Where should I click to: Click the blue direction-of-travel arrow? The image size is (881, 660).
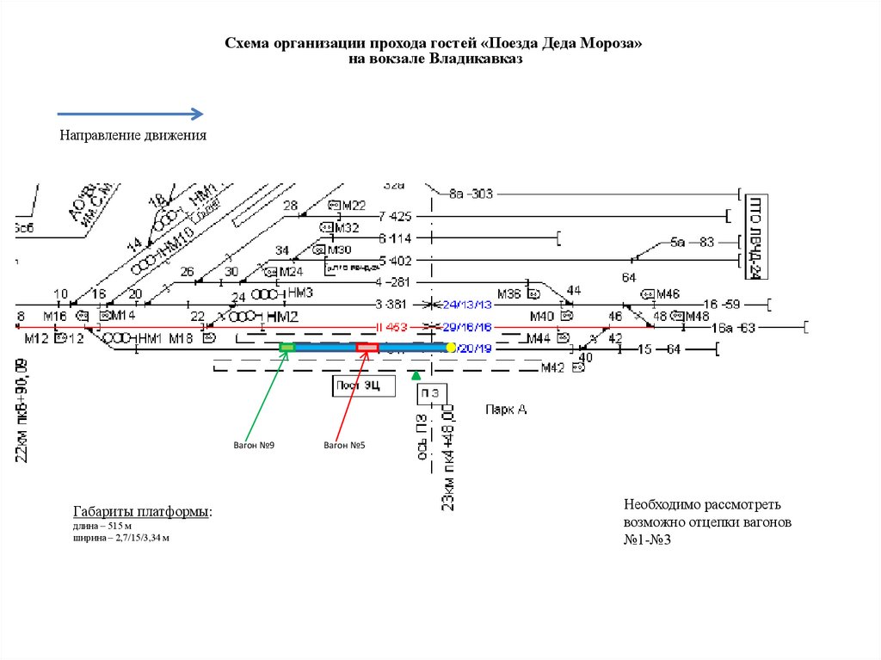pyautogui.click(x=130, y=114)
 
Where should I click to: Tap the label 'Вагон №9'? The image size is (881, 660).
pyautogui.click(x=254, y=446)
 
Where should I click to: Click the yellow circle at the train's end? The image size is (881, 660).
pyautogui.click(x=450, y=348)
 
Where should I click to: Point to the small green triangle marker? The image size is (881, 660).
pyautogui.click(x=416, y=375)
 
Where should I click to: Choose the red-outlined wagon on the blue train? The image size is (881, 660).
pyautogui.click(x=367, y=348)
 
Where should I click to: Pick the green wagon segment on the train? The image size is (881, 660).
pyautogui.click(x=286, y=347)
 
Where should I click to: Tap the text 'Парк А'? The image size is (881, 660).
pyautogui.click(x=505, y=410)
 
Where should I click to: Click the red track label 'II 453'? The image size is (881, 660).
pyautogui.click(x=391, y=327)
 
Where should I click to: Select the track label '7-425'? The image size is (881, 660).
pyautogui.click(x=395, y=216)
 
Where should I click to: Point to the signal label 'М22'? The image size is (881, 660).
pyautogui.click(x=353, y=206)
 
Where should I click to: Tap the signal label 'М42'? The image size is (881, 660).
pyautogui.click(x=552, y=368)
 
